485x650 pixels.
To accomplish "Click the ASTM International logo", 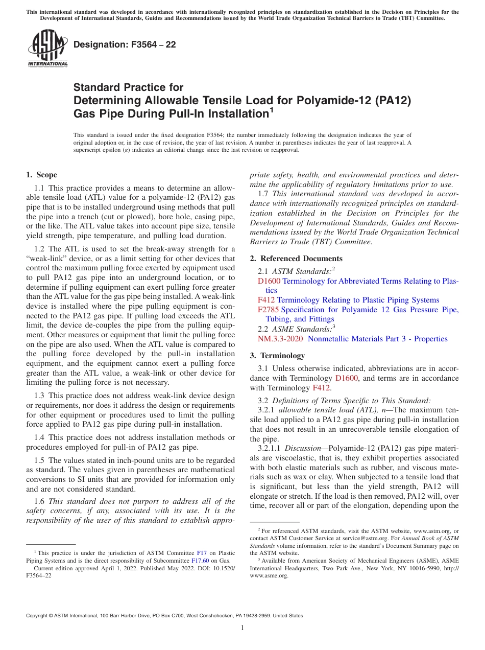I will (47, 49).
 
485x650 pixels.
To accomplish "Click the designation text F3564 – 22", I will (125, 44).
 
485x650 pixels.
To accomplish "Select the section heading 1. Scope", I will (42, 175).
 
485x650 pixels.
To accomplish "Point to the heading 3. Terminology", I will (282, 356).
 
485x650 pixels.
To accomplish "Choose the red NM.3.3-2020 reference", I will (280, 339).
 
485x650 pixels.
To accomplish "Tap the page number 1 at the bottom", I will (243, 628).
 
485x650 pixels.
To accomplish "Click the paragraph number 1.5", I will (40, 460).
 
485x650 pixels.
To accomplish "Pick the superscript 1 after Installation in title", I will (271, 109).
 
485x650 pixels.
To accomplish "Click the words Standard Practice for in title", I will (128, 87).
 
